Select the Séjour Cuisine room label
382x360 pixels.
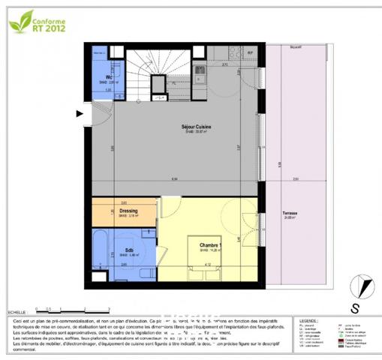[197, 128]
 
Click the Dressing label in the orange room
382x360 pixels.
[128, 211]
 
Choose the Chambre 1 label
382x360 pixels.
[208, 244]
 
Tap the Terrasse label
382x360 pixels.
[290, 214]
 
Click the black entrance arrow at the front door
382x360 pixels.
[80, 114]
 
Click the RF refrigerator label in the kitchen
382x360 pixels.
[250, 53]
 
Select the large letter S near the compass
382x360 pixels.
[354, 307]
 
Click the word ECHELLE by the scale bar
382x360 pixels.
[17, 310]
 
